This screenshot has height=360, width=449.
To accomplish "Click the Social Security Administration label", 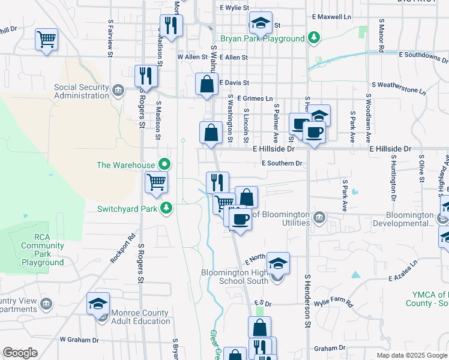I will [x=80, y=91].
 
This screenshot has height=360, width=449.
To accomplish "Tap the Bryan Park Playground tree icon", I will [x=313, y=38].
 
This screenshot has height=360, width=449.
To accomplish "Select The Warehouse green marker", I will [x=163, y=164].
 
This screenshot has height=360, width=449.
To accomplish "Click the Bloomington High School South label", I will [x=234, y=277].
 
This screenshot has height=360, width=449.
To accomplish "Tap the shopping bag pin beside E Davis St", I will [x=206, y=84].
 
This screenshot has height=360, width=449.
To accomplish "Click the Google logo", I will [x=20, y=353].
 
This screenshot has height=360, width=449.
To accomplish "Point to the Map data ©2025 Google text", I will [x=412, y=355].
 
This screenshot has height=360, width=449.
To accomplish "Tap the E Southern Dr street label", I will [x=282, y=163].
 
